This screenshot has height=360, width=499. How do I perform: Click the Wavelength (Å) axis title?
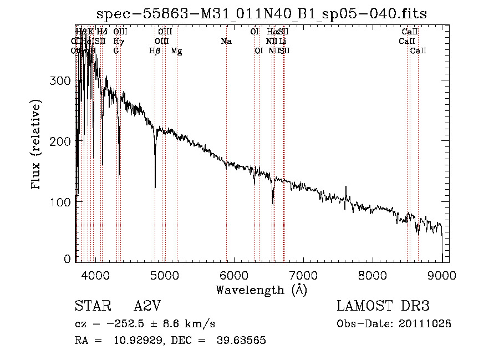(261, 290)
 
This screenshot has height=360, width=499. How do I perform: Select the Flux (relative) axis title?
(37, 146)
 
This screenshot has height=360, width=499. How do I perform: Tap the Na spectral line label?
(226, 42)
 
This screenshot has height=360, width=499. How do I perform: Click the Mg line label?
(176, 51)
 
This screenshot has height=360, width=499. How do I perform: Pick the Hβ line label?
(155, 51)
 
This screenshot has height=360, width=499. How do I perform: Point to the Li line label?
(283, 42)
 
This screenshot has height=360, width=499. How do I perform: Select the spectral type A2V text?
(146, 306)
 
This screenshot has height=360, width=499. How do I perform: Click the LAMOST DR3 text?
(383, 306)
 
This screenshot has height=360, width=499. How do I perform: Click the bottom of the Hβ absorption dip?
(155, 187)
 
